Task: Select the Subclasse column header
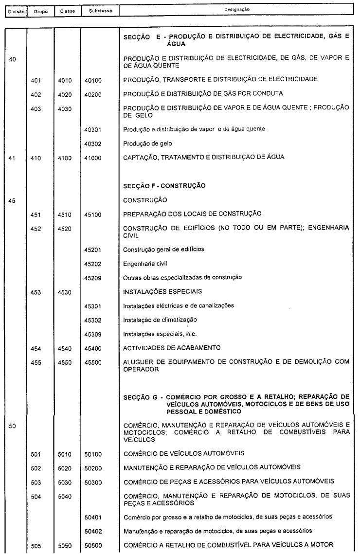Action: pyautogui.click(x=94, y=10)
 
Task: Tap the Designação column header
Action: pyautogui.click(x=236, y=9)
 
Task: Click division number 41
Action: pyautogui.click(x=13, y=158)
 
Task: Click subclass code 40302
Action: pyautogui.click(x=92, y=144)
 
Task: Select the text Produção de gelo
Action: pyautogui.click(x=148, y=144)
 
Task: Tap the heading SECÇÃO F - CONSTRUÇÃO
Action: pyautogui.click(x=164, y=185)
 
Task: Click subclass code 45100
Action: pyautogui.click(x=92, y=214)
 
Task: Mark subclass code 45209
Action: pyautogui.click(x=92, y=278)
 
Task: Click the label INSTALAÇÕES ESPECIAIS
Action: pyautogui.click(x=162, y=292)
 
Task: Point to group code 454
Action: pyautogui.click(x=35, y=348)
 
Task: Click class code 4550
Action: pyautogui.click(x=64, y=362)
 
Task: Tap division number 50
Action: pyautogui.click(x=13, y=426)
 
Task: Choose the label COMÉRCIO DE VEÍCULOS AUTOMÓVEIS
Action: pyautogui.click(x=184, y=454)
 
